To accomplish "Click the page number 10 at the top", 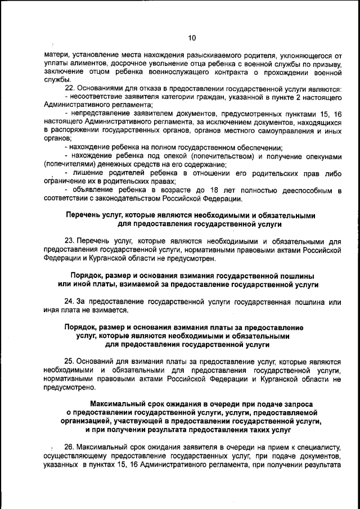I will pos(192,38).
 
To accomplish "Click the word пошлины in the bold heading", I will pos(296,276).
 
